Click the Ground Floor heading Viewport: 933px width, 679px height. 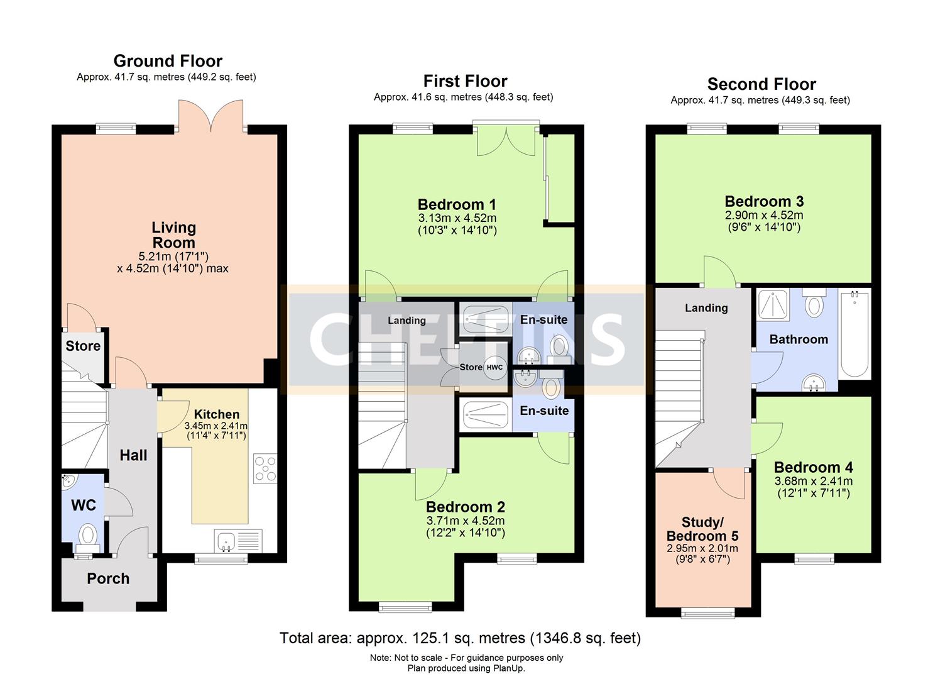168,61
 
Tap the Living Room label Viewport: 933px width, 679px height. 173,235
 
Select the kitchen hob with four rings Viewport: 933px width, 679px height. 265,468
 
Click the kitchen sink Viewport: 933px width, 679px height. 238,541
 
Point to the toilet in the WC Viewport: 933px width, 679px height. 88,538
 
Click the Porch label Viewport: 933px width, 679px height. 108,578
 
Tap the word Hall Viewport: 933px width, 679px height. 133,455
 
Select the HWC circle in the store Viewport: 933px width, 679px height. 495,368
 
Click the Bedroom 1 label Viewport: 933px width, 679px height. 457,204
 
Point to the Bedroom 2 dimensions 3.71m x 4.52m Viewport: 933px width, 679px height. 466,521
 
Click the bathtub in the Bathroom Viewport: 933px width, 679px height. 854,335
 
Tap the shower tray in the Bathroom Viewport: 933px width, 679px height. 773,305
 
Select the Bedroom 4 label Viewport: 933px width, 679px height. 814,467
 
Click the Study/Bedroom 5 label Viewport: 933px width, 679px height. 702,529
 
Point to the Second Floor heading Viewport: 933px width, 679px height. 761,84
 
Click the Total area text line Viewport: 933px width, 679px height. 460,638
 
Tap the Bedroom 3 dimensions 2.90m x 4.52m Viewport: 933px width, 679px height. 764,215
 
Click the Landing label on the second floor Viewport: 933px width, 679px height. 706,308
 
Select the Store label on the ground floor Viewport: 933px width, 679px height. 83,346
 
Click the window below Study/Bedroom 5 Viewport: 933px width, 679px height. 708,612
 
